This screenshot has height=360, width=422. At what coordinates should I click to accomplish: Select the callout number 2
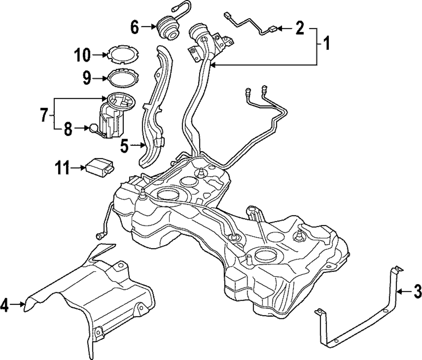click(x=300, y=29)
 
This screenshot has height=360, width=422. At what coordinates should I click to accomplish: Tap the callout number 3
click(x=417, y=290)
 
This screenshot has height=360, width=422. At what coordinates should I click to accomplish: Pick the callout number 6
click(x=135, y=28)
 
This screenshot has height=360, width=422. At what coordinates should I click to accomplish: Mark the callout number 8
click(x=68, y=129)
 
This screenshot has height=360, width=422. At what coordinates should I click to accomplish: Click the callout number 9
click(x=87, y=78)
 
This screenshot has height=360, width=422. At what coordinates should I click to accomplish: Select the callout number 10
click(x=83, y=54)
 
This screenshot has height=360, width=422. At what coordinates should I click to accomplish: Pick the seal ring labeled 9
click(x=122, y=78)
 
